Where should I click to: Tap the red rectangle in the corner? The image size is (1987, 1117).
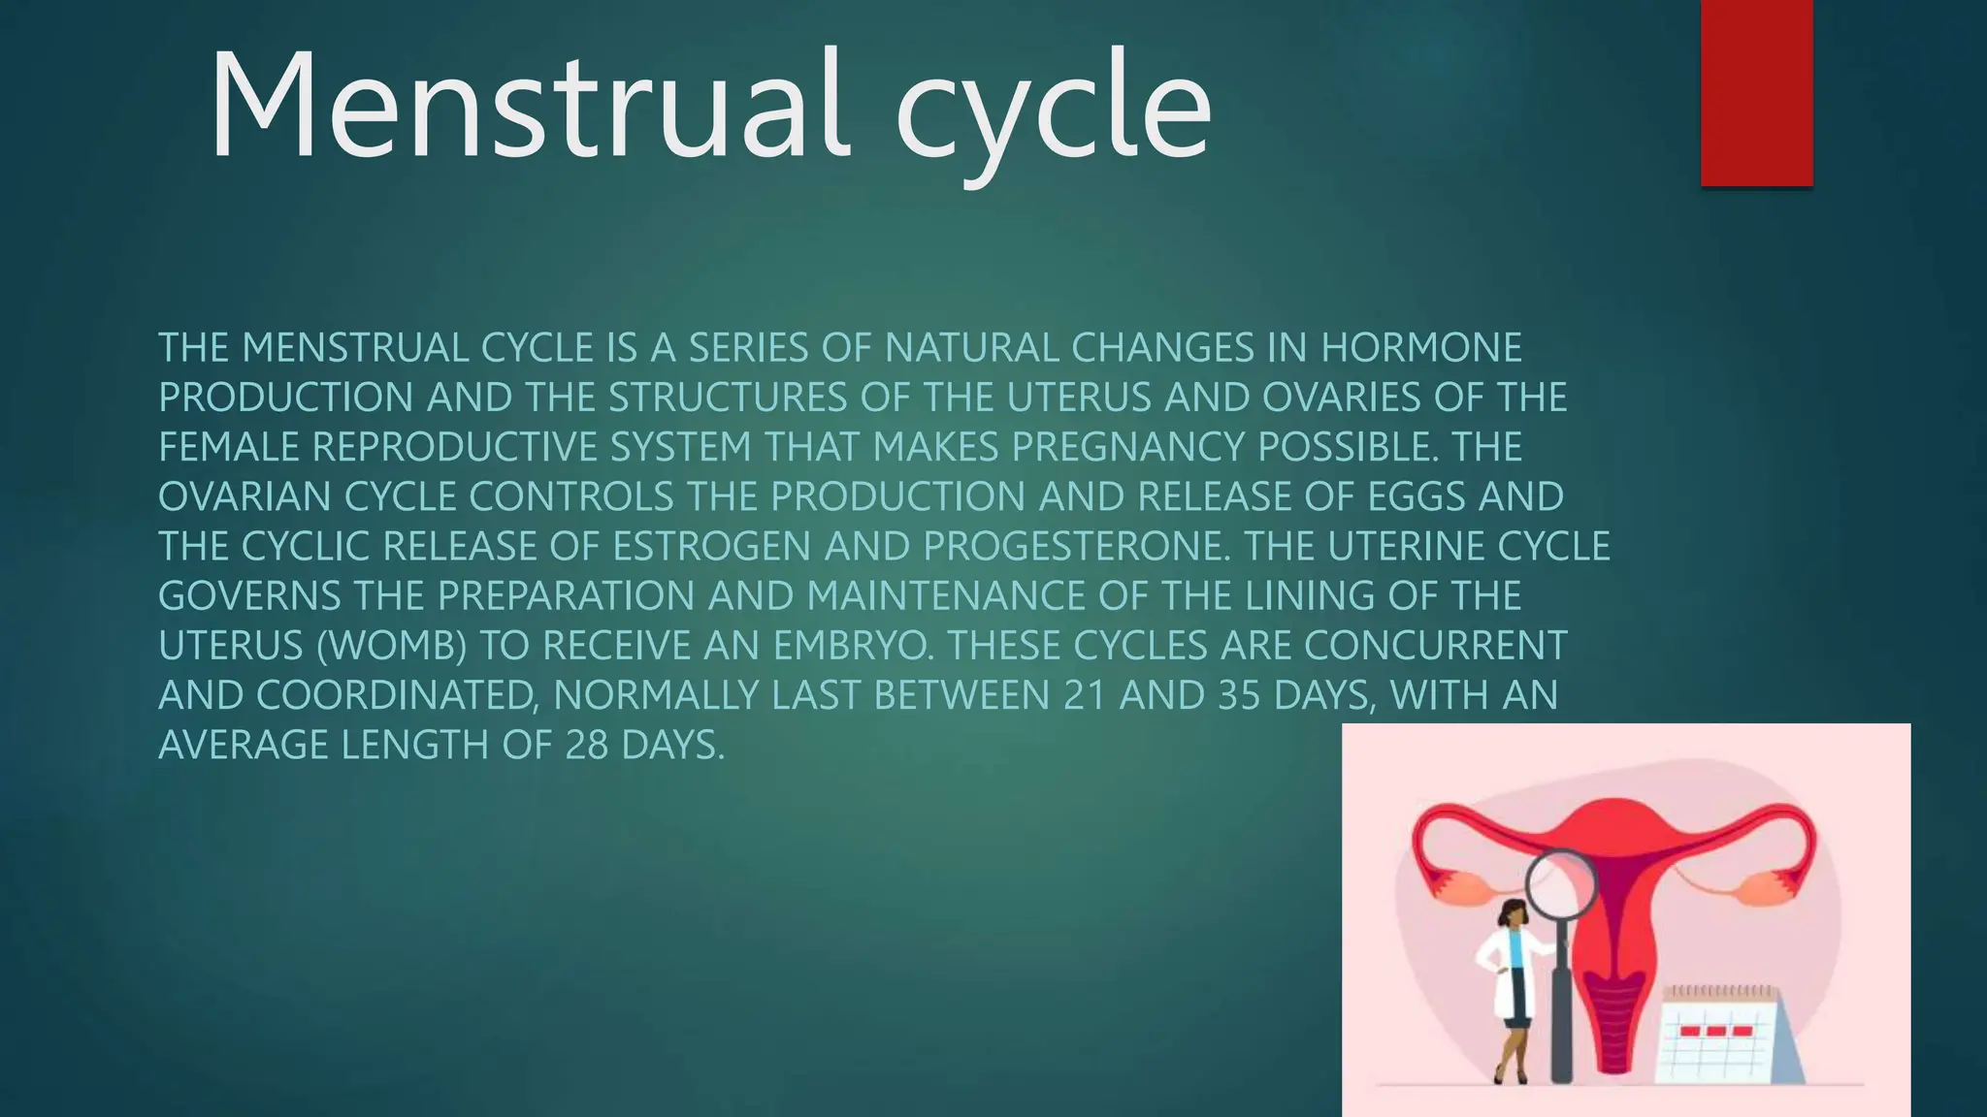[1756, 92]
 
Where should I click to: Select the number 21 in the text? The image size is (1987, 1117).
[1084, 695]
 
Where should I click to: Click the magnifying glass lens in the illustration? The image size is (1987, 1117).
[1560, 885]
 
